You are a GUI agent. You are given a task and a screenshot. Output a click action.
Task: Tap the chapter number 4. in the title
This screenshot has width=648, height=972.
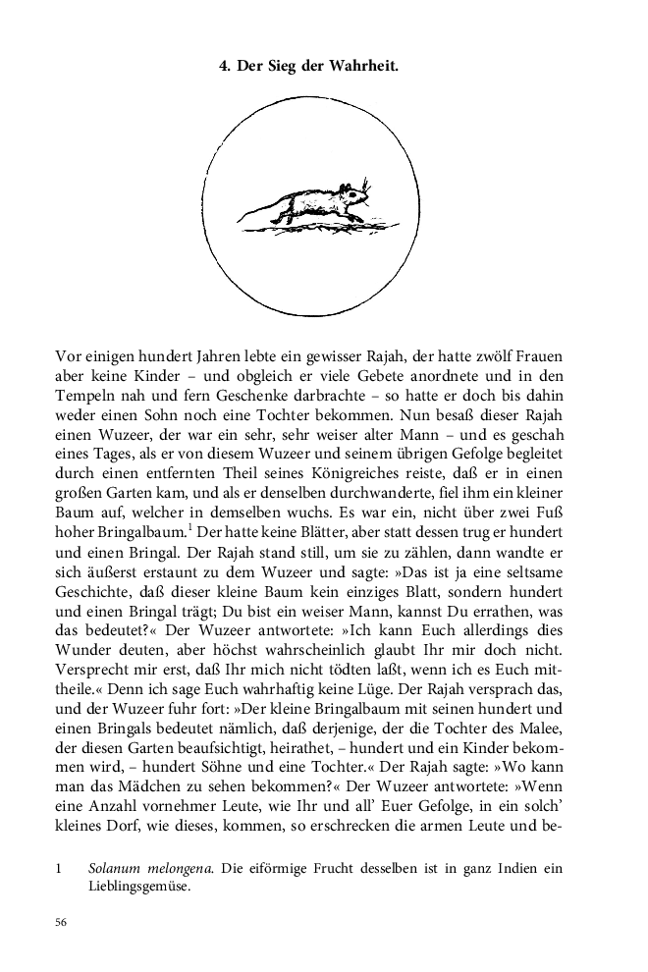[x=223, y=67]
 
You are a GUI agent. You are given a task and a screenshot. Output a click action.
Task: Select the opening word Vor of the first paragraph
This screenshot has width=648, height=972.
[x=69, y=356]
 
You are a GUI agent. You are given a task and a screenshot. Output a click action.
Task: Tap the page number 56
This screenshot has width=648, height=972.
[x=64, y=923]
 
